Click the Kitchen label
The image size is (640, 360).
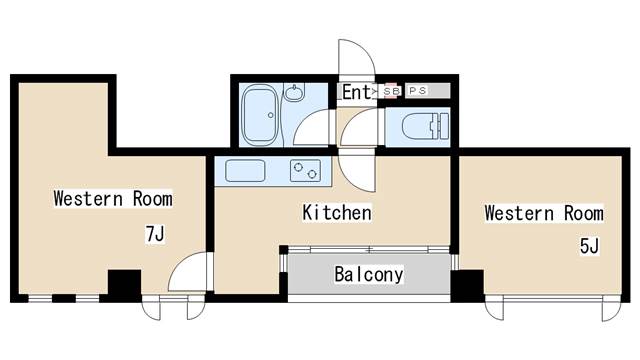click(337, 213)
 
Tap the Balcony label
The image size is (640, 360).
click(369, 274)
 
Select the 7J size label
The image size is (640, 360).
click(155, 234)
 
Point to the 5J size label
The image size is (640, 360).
click(589, 246)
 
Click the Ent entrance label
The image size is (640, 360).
click(356, 92)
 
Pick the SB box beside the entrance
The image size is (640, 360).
click(391, 91)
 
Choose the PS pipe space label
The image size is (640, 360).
click(417, 91)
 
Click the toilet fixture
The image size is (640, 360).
click(425, 126)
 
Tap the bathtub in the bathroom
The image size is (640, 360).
click(260, 115)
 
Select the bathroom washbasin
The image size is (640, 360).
click(294, 93)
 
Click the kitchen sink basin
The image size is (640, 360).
click(245, 171)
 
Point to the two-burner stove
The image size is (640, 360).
click(305, 170)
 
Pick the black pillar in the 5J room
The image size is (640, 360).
click(467, 285)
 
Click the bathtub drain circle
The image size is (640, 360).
click(270, 116)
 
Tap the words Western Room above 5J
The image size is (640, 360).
click(544, 213)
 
